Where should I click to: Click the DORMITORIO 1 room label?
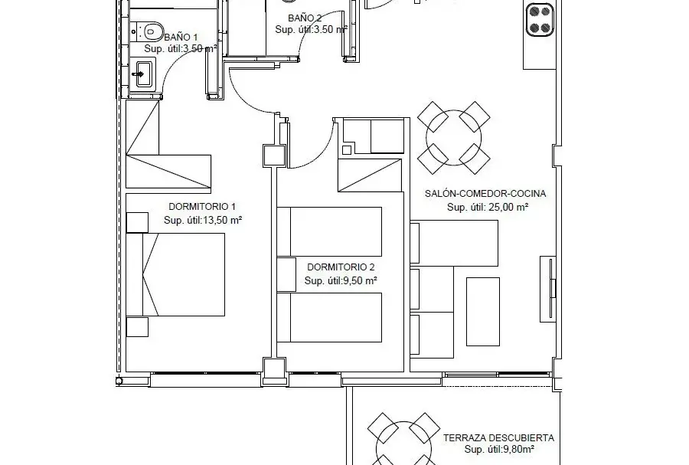coord(202,207)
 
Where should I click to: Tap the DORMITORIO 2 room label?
coord(341,267)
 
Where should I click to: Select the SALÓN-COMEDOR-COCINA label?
coord(485,193)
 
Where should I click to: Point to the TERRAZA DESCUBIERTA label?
coord(498,437)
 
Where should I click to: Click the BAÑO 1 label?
coord(181,38)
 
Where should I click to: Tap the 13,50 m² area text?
coord(221,220)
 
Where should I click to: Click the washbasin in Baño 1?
coord(142,74)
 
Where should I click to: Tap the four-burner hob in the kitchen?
coord(540,19)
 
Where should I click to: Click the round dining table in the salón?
coord(453,138)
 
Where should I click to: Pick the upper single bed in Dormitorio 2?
coord(329,231)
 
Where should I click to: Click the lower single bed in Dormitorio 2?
coord(329,317)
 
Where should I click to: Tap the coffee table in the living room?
coord(483,312)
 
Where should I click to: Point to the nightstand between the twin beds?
coord(286,275)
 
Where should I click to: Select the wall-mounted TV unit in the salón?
coord(548,290)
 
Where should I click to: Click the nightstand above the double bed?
coord(137,222)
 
